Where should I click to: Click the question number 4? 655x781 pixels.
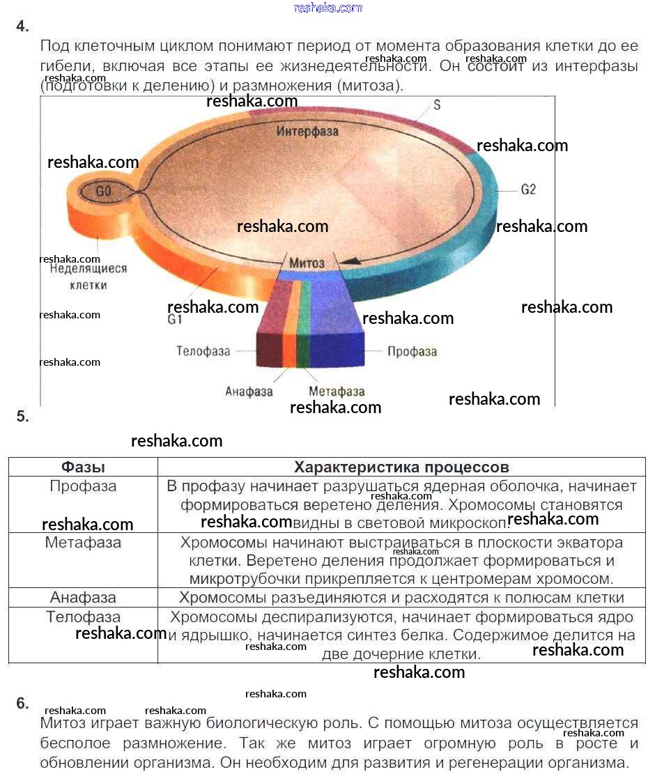point(22,26)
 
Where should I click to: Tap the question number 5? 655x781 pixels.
point(22,417)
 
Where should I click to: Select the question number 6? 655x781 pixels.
point(22,703)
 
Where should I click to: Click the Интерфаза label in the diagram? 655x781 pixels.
point(307,131)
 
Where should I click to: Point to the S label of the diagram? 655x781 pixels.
point(437,105)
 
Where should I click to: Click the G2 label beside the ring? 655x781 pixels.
point(528,190)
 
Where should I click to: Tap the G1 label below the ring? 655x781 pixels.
point(175,320)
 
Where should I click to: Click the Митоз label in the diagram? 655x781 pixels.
point(307,263)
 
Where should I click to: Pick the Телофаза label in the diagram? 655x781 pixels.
point(203,351)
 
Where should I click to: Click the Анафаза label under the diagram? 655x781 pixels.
point(249,392)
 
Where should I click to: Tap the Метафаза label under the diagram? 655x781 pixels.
point(337,392)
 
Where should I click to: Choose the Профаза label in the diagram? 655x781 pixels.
point(412,351)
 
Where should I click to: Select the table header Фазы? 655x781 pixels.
point(83,467)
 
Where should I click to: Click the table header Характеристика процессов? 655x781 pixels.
point(401,467)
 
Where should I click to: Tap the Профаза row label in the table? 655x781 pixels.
point(83,486)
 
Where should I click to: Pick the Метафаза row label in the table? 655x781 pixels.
point(83,542)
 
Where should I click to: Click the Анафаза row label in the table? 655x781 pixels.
point(83,598)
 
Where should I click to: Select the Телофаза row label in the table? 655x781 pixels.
point(83,617)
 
